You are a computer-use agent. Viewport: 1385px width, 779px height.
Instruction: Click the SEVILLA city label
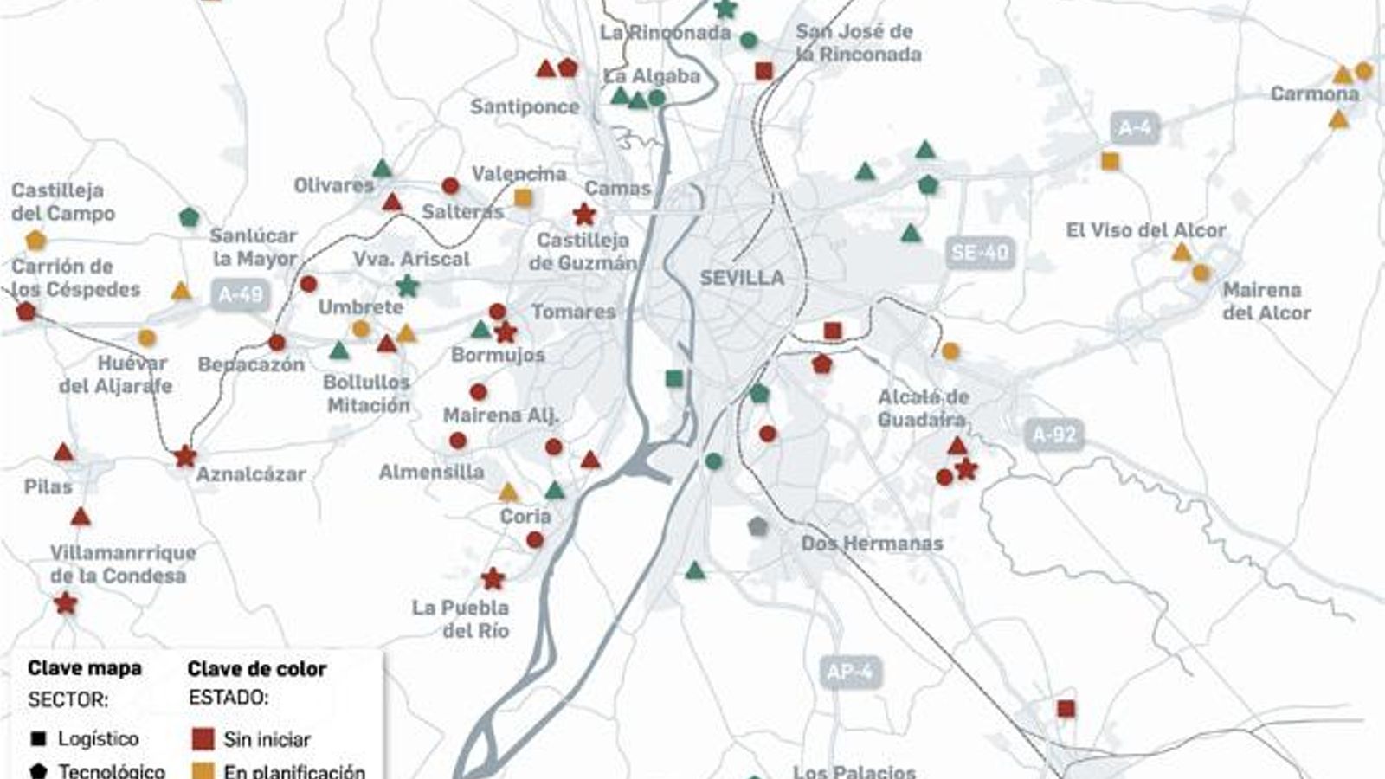tap(742, 278)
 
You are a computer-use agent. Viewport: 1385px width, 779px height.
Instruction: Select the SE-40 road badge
tap(980, 253)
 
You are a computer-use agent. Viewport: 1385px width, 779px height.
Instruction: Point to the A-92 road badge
tap(1053, 435)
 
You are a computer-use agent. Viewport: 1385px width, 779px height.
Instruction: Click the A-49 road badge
tap(240, 295)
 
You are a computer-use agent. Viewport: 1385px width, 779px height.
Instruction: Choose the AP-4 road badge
tap(849, 673)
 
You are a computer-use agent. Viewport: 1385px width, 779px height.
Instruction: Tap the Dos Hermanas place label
tap(872, 544)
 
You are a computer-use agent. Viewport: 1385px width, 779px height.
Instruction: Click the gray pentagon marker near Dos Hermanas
tap(757, 525)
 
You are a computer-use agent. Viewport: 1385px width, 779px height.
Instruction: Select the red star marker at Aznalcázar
tap(184, 456)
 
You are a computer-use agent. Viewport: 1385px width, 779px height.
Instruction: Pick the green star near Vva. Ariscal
tap(407, 285)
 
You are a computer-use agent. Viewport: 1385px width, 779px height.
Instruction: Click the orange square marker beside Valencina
tap(523, 197)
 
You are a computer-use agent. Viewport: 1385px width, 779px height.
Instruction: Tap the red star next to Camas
tap(584, 214)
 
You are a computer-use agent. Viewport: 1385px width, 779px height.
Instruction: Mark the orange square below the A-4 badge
tap(1110, 161)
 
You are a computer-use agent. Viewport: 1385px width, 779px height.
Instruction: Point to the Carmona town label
tap(1314, 93)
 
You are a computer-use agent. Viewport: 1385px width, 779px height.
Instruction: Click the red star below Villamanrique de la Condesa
tap(65, 603)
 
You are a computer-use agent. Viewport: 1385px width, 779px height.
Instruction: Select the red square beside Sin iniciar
tap(203, 738)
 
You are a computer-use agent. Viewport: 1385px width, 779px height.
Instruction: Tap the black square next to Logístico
tap(38, 738)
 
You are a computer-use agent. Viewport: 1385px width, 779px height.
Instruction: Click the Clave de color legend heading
tap(256, 669)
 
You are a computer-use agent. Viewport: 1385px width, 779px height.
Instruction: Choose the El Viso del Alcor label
tap(1145, 230)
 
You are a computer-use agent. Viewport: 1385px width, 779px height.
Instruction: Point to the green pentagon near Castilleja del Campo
tap(189, 216)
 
